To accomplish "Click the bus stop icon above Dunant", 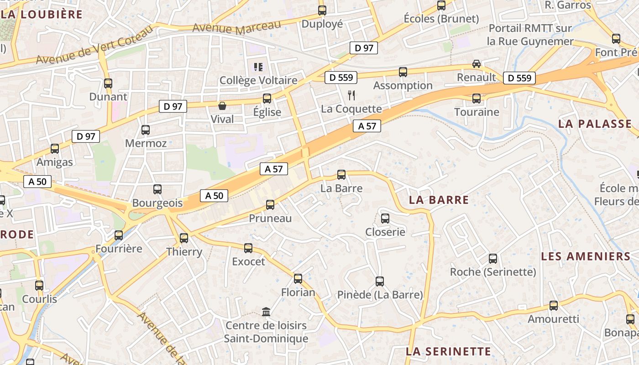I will pyautogui.click(x=108, y=83).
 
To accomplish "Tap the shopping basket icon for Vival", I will pyautogui.click(x=222, y=106).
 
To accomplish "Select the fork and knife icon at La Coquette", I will pyautogui.click(x=351, y=95).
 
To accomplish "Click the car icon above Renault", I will pyautogui.click(x=476, y=64).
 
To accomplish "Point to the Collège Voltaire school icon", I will pyautogui.click(x=258, y=67).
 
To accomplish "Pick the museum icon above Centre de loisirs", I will pyautogui.click(x=266, y=312).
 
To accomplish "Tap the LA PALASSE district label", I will pyautogui.click(x=595, y=124).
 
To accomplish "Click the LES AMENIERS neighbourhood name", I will pyautogui.click(x=586, y=256).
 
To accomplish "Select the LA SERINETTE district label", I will pyautogui.click(x=448, y=351).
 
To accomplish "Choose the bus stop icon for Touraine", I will pyautogui.click(x=477, y=98).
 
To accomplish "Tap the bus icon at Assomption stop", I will pyautogui.click(x=403, y=72).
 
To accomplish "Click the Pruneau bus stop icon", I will pyautogui.click(x=270, y=205).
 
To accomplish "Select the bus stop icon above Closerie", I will pyautogui.click(x=385, y=218).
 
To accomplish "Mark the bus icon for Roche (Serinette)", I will pyautogui.click(x=493, y=259).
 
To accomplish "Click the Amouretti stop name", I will pyautogui.click(x=553, y=319).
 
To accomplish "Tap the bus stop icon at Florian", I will pyautogui.click(x=298, y=278).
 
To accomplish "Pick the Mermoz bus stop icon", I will pyautogui.click(x=146, y=130).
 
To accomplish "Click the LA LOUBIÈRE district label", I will pyautogui.click(x=42, y=14).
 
